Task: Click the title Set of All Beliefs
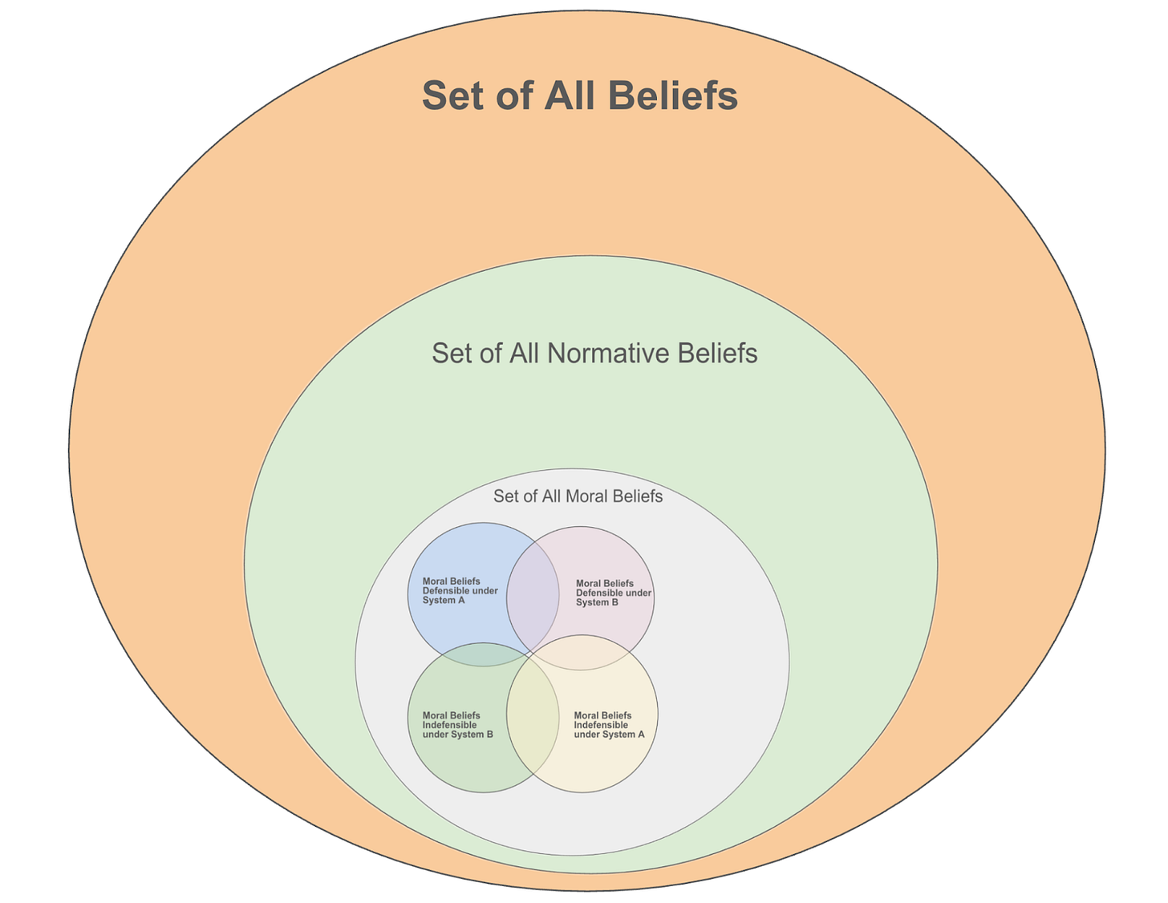pos(579,95)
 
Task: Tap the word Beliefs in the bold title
pos(673,95)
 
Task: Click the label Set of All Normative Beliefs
pos(594,354)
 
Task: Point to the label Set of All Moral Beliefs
pos(578,496)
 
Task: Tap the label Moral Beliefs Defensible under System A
pos(460,591)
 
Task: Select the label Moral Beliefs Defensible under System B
pos(613,593)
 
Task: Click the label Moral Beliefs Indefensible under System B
pos(457,725)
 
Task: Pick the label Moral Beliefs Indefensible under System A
pos(609,725)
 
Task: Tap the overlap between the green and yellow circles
pos(533,715)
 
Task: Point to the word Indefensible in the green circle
pos(449,725)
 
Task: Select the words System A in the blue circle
pos(444,601)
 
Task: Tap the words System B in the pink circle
pos(597,603)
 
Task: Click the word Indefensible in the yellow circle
pos(601,725)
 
